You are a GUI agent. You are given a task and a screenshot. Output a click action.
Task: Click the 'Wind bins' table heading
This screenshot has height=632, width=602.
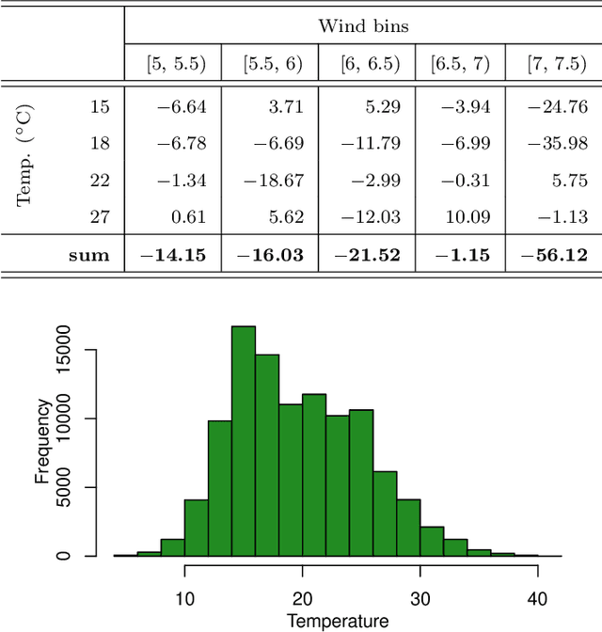363,25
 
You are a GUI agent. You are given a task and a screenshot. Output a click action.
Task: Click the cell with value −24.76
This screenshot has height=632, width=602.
560,106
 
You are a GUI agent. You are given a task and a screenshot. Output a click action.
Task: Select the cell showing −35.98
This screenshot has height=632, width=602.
560,143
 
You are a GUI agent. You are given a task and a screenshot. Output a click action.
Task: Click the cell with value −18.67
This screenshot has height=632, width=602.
273,180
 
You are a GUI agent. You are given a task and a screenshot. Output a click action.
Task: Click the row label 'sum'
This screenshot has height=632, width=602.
89,255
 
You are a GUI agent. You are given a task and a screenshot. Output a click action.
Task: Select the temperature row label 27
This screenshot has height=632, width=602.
100,217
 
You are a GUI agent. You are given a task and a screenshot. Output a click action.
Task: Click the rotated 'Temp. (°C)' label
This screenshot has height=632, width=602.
27,162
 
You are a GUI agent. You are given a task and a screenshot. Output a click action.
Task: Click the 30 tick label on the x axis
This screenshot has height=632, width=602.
420,599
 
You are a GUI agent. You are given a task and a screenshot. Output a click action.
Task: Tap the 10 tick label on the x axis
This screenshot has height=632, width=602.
184,599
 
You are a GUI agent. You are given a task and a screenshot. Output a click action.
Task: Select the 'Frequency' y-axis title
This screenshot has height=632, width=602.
42,441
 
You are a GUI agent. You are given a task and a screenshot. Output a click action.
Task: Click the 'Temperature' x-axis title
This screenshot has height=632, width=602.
337,621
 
